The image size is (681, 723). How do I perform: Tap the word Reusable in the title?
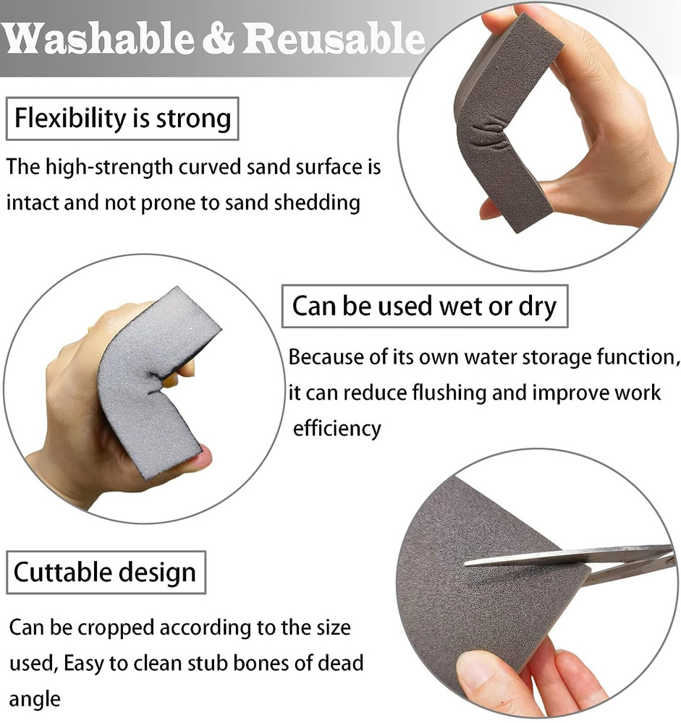(x=334, y=38)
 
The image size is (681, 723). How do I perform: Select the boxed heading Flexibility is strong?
(x=123, y=117)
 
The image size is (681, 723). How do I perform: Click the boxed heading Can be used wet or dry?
(x=424, y=306)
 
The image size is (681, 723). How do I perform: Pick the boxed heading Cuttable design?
(x=105, y=573)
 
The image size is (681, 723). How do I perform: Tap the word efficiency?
(x=337, y=428)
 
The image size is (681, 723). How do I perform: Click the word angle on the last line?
(x=34, y=699)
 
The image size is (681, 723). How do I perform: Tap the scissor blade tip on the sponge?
(x=469, y=562)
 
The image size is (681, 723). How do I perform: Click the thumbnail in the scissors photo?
(x=477, y=669)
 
